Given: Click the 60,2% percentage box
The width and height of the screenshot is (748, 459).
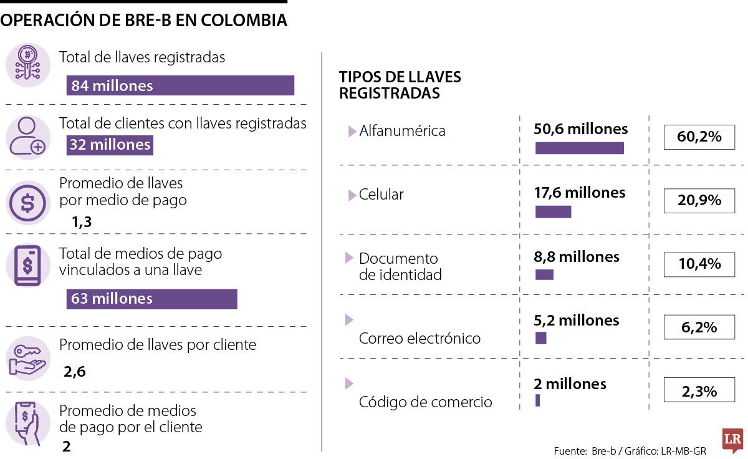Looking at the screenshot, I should click(x=699, y=137).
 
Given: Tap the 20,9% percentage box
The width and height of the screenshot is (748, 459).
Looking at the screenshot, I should click(x=699, y=200).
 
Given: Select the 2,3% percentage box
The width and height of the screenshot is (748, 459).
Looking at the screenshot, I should click(x=699, y=391).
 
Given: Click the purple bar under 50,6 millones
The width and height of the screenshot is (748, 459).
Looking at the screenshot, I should click(x=579, y=148).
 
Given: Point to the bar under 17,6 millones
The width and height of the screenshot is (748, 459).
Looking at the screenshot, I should click(x=553, y=212).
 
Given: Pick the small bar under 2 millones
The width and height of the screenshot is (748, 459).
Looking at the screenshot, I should click(x=537, y=400).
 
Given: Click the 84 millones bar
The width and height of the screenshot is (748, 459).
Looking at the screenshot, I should click(x=180, y=85).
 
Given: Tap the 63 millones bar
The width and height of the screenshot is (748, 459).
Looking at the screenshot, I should click(x=151, y=299).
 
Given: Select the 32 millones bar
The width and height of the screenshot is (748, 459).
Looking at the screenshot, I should click(x=110, y=145).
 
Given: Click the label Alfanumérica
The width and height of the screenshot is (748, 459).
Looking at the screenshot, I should click(x=402, y=131).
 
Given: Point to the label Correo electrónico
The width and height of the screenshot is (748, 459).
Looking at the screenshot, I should click(x=420, y=339).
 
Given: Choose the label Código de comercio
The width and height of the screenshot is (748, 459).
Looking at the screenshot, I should click(x=425, y=402).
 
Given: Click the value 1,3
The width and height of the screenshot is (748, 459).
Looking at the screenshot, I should click(x=82, y=222).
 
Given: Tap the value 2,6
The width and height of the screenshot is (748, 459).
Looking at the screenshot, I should click(x=74, y=372).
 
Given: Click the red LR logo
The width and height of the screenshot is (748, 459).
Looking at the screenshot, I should click(x=732, y=440).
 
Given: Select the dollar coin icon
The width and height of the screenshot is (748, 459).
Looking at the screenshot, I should click(x=27, y=202).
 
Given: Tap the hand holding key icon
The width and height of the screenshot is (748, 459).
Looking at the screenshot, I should click(x=27, y=360).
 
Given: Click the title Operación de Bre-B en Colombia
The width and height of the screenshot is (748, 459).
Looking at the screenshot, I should click(x=143, y=20).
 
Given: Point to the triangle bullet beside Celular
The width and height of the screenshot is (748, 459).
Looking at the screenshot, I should click(x=352, y=195).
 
